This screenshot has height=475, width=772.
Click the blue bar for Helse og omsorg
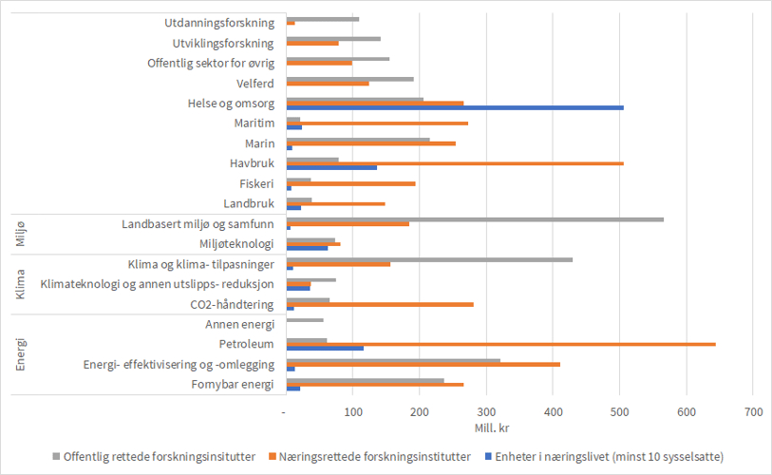[455, 107]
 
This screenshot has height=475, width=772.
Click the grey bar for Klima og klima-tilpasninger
[429, 258]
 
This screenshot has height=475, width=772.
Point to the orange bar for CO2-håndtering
[380, 304]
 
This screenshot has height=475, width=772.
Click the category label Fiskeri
[257, 183]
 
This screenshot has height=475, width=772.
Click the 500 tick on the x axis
[619, 413]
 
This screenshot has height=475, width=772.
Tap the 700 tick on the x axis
[752, 413]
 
